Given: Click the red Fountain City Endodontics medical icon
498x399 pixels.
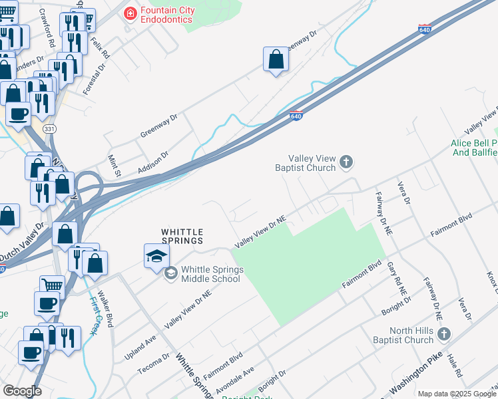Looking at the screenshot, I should click(130, 13).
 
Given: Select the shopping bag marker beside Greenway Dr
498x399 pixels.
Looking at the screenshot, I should click(276, 61).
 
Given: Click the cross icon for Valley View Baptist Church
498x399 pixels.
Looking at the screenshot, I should click(346, 162).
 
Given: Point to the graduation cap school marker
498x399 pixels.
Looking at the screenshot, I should click(156, 256).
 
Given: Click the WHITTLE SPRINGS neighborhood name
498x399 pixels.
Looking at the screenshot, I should click(182, 235).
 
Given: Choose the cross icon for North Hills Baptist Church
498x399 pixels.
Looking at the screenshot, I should click(445, 333).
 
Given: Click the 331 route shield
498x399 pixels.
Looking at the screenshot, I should click(49, 128).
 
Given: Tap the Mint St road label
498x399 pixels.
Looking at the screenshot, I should click(113, 166).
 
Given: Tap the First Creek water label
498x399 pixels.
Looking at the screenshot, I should click(91, 312).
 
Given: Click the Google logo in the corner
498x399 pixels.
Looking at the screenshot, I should click(22, 391).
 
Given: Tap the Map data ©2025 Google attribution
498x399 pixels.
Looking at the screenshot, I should click(456, 394).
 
